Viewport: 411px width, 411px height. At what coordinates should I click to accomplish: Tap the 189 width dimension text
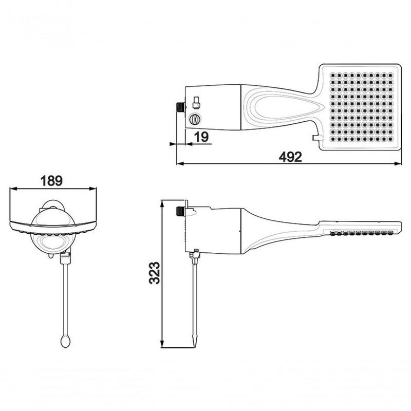click(51, 180)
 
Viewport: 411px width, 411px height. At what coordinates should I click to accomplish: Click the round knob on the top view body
click(194, 119)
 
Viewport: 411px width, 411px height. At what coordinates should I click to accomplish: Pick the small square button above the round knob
click(195, 100)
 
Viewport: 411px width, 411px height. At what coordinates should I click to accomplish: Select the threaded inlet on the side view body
click(180, 210)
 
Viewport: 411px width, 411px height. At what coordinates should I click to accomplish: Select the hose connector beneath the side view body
click(195, 255)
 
